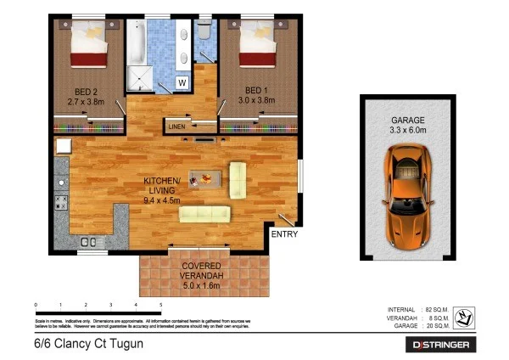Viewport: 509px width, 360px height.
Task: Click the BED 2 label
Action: [x=85, y=90]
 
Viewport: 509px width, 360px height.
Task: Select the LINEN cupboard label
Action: [x=177, y=127]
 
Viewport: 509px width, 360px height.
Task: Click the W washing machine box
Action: [x=182, y=82]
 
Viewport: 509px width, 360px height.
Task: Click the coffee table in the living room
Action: [x=206, y=178]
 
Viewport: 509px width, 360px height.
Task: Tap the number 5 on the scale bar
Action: [x=161, y=304]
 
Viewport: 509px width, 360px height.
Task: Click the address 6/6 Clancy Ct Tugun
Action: [x=83, y=344]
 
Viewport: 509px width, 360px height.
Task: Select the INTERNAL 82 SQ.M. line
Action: [x=417, y=309]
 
